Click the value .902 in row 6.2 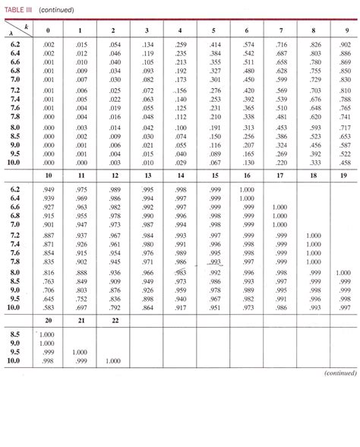tap(345, 46)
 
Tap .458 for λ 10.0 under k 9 tap(345, 163)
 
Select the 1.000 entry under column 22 tap(113, 360)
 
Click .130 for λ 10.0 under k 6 tap(248, 163)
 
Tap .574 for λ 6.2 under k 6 tap(248, 46)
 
